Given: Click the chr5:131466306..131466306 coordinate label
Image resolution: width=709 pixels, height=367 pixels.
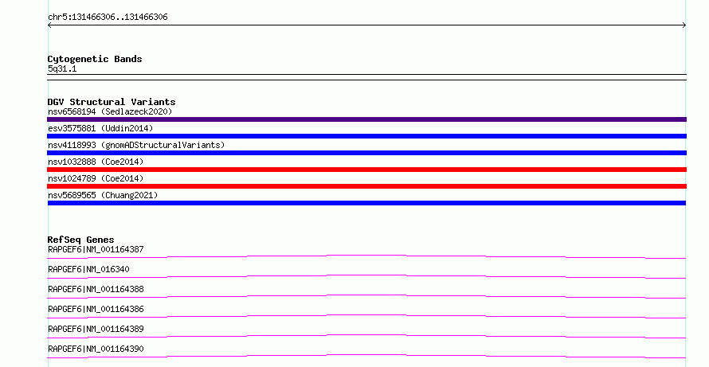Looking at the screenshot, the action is [x=108, y=18].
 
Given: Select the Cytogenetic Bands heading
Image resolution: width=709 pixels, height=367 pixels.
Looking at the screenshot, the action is [x=95, y=59].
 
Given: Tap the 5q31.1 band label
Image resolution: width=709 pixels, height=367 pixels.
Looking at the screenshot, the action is [x=62, y=68].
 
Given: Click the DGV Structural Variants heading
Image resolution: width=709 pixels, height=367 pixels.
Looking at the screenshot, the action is [x=112, y=102].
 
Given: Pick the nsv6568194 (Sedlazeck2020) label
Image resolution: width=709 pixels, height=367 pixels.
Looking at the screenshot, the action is [x=110, y=111].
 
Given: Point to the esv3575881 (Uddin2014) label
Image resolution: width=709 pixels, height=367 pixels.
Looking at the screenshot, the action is [x=100, y=128].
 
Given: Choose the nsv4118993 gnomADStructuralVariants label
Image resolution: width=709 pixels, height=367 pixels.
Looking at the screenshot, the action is [x=136, y=145].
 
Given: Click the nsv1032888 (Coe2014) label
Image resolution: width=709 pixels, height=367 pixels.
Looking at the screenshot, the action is [x=96, y=162].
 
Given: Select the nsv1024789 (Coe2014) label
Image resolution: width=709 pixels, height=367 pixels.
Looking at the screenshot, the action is [x=96, y=178].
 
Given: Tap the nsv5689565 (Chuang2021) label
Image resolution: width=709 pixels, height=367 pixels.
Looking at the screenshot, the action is [x=103, y=195].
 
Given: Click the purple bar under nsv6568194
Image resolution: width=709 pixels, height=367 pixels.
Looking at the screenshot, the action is [x=366, y=119].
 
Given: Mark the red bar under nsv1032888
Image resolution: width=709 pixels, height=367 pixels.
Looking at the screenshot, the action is [x=366, y=170].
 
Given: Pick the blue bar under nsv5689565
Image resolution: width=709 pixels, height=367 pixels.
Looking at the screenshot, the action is [x=366, y=203].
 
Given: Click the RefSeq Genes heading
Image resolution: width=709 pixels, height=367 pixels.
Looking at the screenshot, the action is [x=80, y=240].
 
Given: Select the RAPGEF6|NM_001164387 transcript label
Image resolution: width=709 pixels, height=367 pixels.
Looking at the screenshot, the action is [x=96, y=249].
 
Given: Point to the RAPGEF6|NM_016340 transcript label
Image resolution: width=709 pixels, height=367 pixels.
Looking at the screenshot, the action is [x=88, y=269].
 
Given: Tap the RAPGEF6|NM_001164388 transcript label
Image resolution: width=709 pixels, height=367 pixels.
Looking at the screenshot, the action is [x=96, y=289].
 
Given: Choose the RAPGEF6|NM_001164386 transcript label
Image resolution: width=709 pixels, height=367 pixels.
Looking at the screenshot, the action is [x=96, y=309].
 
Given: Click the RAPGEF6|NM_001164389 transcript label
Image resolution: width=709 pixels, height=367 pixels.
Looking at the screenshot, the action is [x=96, y=329].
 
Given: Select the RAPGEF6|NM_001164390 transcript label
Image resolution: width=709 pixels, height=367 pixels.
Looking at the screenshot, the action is [x=96, y=349].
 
